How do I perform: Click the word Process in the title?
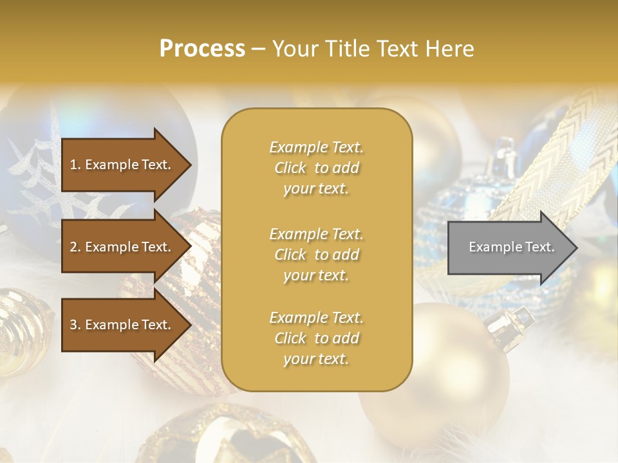[x=202, y=49]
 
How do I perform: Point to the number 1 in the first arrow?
[x=73, y=165]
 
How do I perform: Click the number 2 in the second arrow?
[x=73, y=247]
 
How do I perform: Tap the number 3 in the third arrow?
[x=73, y=325]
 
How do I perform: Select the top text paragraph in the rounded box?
[x=316, y=168]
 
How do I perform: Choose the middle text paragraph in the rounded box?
[x=316, y=254]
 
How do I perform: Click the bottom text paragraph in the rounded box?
[x=316, y=338]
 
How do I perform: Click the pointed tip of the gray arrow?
[x=576, y=248]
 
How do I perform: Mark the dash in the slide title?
[x=259, y=50]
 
